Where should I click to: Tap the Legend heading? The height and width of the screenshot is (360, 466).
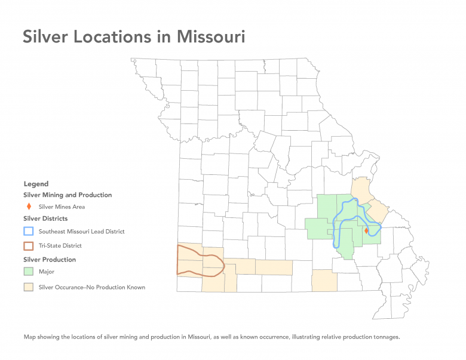click(36, 184)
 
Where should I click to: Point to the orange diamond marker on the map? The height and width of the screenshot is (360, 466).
click(366, 230)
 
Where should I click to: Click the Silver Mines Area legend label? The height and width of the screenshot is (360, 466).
click(62, 207)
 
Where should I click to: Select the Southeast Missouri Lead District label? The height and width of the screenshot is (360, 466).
click(81, 231)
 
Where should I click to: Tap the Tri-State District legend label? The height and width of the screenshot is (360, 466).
click(60, 245)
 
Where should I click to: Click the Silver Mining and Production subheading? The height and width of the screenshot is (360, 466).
click(68, 195)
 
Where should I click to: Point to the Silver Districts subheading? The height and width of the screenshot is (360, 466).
click(45, 219)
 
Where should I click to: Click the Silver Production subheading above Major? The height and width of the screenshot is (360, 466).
click(50, 260)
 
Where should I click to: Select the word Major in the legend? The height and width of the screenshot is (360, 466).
click(47, 272)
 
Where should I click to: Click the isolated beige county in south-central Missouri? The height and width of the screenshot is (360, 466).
click(324, 281)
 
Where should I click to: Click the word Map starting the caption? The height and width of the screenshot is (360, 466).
click(29, 337)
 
